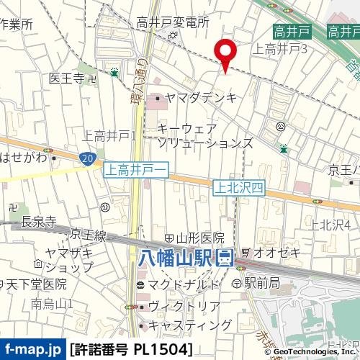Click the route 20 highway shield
pos(87,158)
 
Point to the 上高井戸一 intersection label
pos(136,170)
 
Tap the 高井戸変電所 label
pos(173,23)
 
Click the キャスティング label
pos(186,325)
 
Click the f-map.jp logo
pos(33,350)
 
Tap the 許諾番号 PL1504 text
pos(132,350)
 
